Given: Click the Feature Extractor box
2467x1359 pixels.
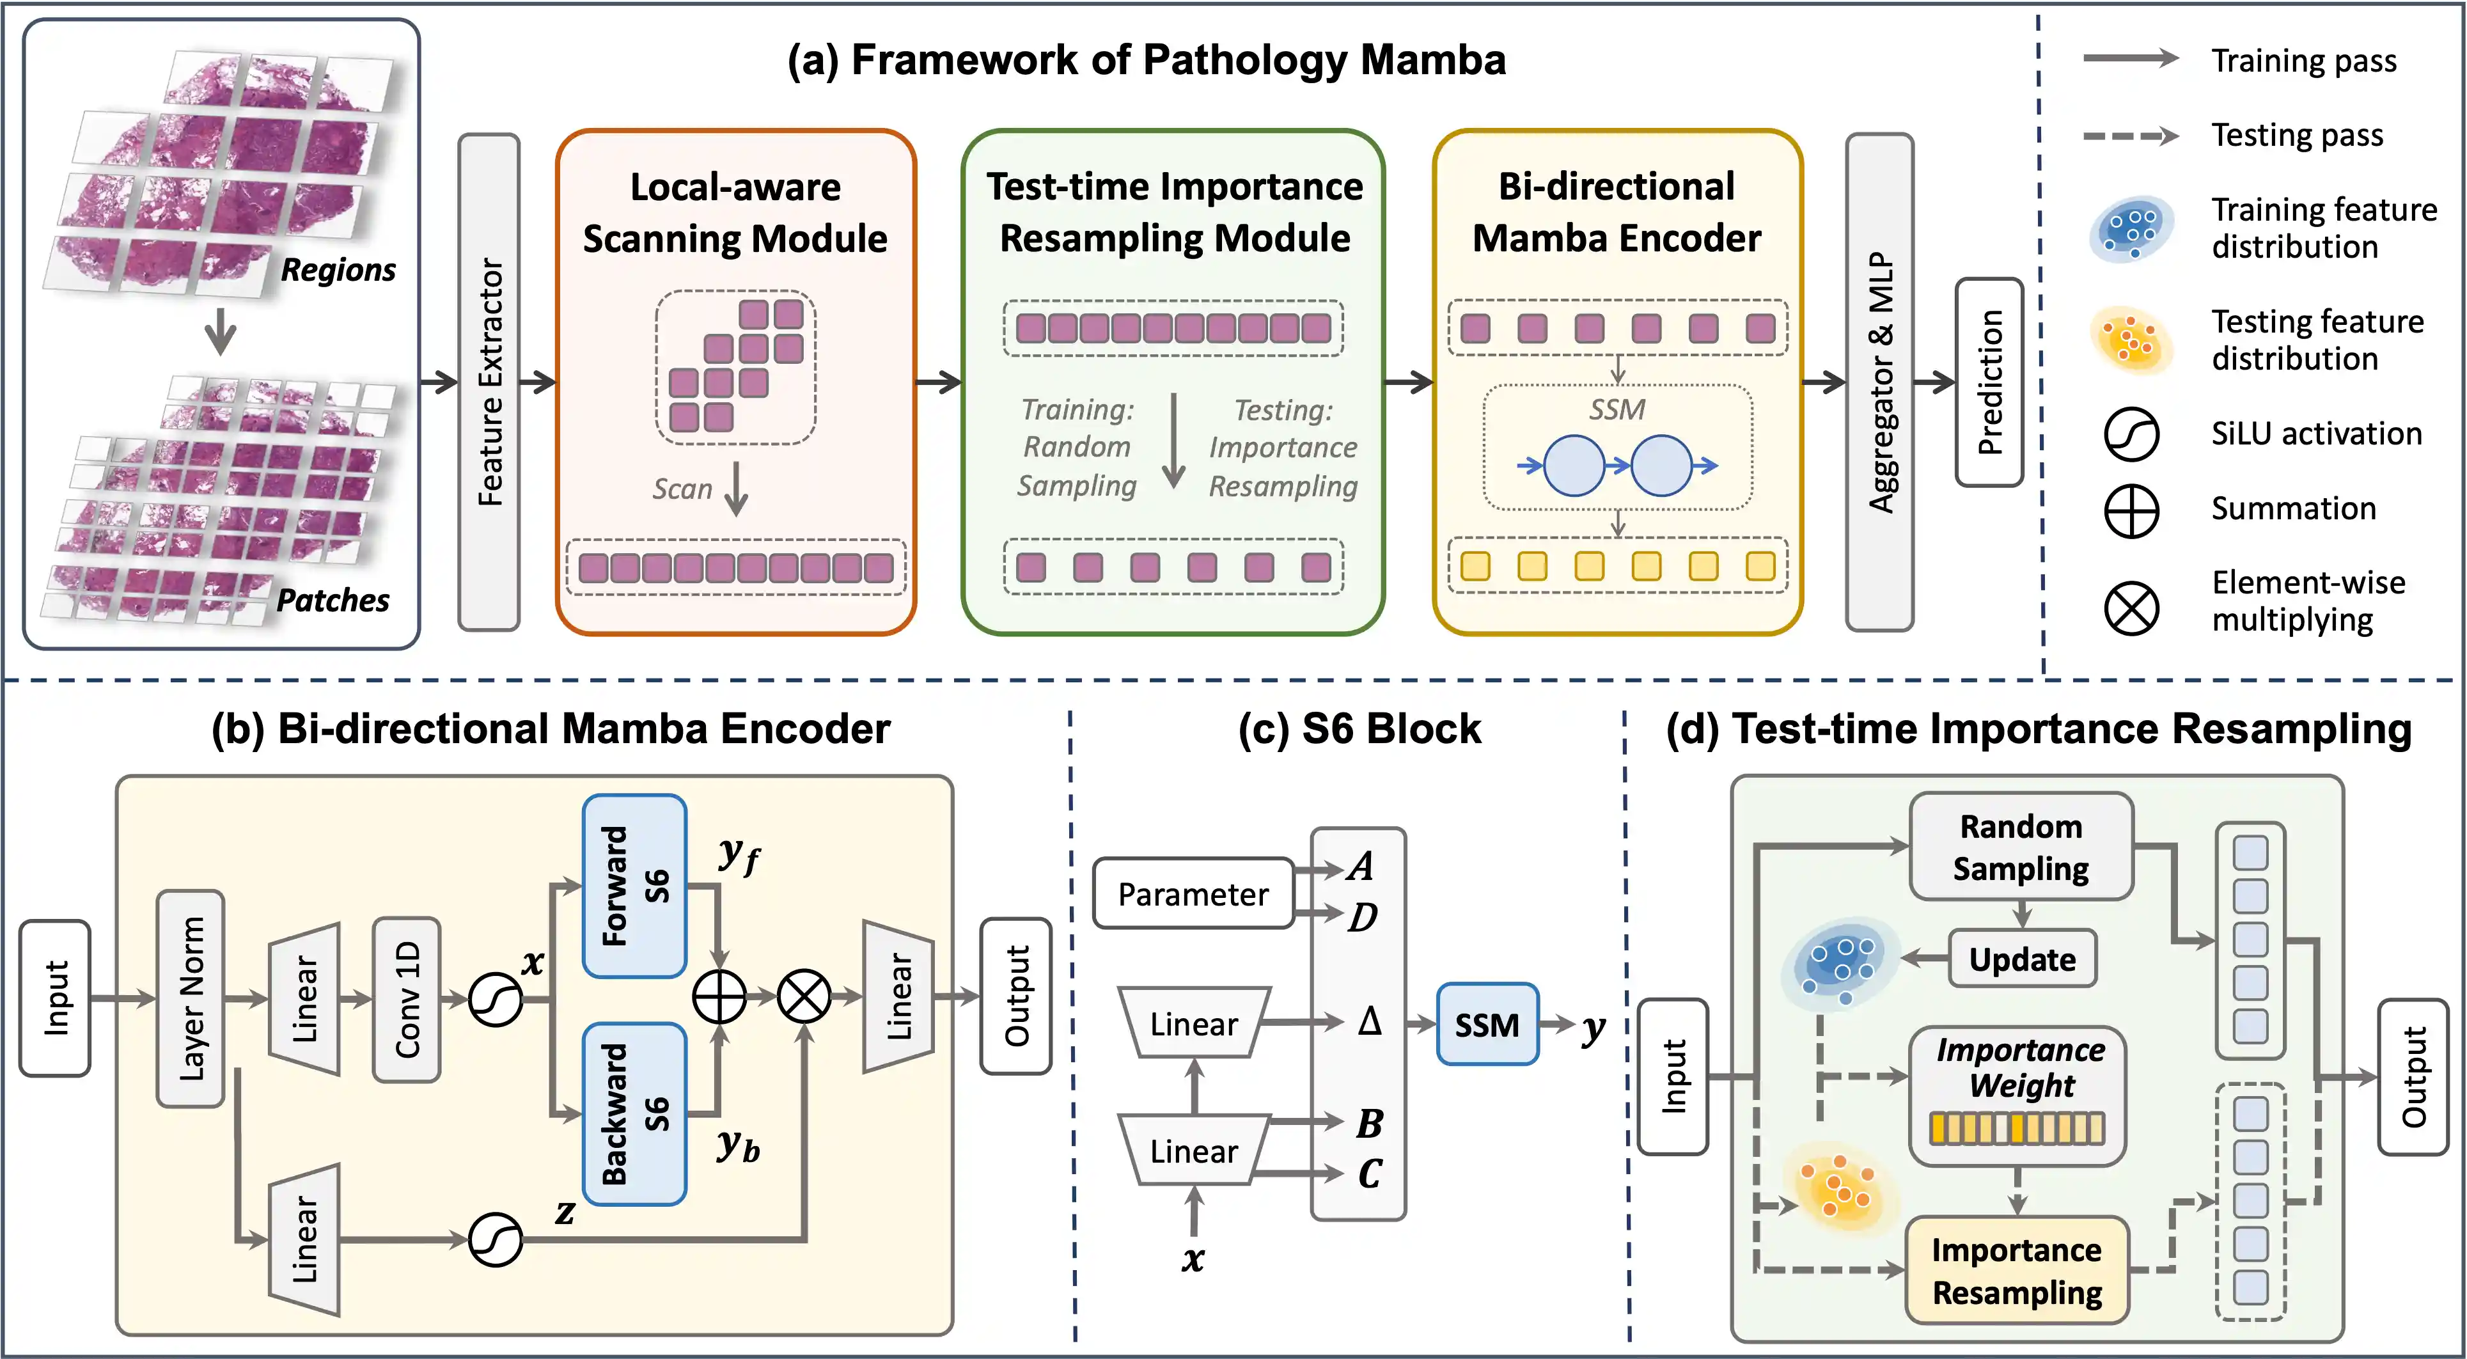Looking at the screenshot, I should click(489, 381).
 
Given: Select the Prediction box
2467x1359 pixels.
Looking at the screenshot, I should click(1989, 381).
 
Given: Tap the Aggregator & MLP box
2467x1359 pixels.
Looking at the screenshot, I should click(1880, 381).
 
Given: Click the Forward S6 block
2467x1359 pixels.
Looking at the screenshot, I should click(634, 886).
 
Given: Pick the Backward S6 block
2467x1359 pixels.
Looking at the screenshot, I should click(634, 1114).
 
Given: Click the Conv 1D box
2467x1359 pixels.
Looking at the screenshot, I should click(407, 999).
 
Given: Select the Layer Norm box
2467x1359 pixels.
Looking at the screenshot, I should click(191, 999).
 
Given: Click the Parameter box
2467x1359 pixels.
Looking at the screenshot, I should click(1193, 893).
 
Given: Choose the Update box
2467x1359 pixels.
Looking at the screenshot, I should click(2022, 959).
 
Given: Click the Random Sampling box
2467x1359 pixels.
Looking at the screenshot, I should click(2021, 847).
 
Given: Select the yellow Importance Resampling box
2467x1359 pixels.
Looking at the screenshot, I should click(2017, 1271).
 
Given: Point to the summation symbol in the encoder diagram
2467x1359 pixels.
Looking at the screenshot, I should click(719, 997).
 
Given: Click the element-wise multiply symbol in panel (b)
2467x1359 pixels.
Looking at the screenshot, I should click(804, 997).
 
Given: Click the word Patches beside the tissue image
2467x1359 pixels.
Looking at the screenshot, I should click(333, 601).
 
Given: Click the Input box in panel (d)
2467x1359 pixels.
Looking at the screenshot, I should click(1673, 1076).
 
